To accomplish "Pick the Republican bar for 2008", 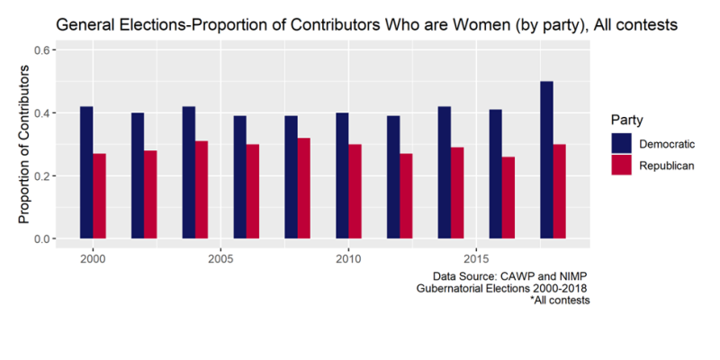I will tap(304, 188).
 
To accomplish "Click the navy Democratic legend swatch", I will tap(622, 144).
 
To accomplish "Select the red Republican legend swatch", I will tap(622, 165).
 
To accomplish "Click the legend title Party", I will tap(625, 120).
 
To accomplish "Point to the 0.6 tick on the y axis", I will tap(42, 50).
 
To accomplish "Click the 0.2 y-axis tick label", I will tap(42, 176).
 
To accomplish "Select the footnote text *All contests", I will tap(560, 300).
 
